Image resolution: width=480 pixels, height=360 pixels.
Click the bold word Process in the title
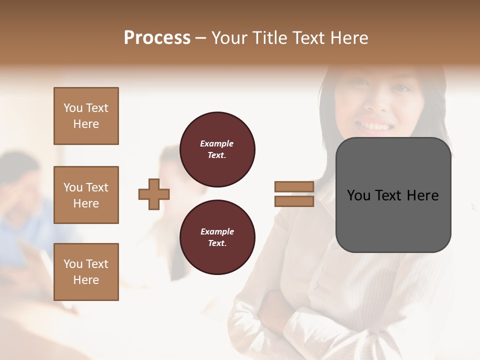click(x=157, y=38)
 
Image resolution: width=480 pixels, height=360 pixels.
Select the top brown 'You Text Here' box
click(x=86, y=116)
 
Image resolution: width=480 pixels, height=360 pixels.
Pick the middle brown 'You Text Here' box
click(x=86, y=195)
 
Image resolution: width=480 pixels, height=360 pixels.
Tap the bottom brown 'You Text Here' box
click(x=86, y=271)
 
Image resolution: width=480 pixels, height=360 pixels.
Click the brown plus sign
click(x=154, y=194)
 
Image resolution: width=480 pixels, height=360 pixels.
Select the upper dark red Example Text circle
click(x=217, y=149)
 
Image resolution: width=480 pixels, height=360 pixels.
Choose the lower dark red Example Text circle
click(x=217, y=237)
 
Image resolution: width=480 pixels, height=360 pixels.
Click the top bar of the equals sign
click(x=294, y=186)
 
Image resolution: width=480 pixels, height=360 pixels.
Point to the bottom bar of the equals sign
click(x=294, y=201)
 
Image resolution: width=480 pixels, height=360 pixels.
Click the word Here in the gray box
click(x=423, y=195)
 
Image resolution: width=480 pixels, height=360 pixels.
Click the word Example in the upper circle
click(x=217, y=143)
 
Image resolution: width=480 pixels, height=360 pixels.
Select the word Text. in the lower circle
click(x=217, y=243)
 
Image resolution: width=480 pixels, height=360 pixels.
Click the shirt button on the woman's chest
click(x=314, y=285)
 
